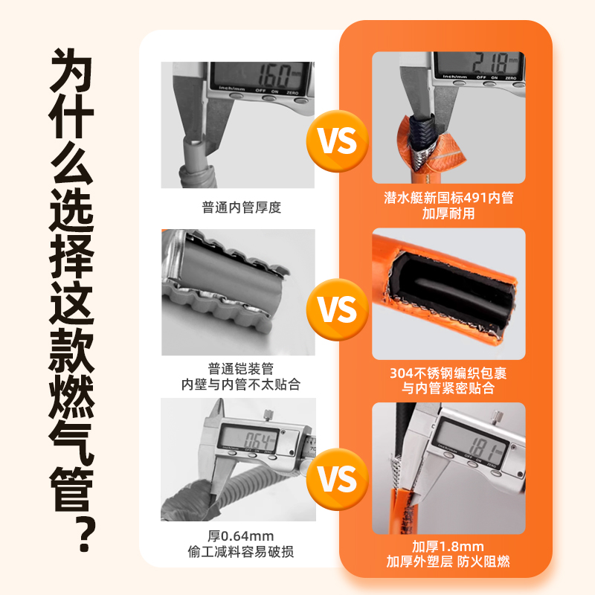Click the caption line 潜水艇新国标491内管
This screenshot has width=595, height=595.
[x=448, y=198]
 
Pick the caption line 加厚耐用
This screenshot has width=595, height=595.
[x=448, y=213]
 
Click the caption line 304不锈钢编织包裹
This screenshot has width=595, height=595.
[x=448, y=373]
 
